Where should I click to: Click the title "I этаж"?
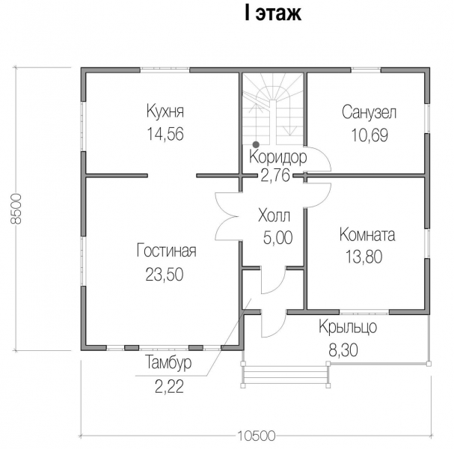pos(273,13)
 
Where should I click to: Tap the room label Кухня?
pos(165,111)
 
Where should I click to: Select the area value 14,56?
pos(165,134)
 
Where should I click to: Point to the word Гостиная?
pos(166,251)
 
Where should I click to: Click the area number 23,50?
pos(165,274)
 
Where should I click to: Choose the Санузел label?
pos(369,112)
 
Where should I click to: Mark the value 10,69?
pos(369,135)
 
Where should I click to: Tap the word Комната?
pos(367,234)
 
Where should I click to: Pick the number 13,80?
pos(364,257)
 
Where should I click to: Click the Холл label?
pos(274,216)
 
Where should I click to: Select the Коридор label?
pos(278,158)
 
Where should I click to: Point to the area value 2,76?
pos(275,175)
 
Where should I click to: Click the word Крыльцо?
pos(348,327)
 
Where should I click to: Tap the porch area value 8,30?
pos(343,350)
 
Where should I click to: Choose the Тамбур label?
pos(168,362)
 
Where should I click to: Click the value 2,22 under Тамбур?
pos(169,386)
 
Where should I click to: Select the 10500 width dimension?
pos(257,436)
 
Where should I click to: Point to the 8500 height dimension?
pos(16,209)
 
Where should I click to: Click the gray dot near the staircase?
pos(256,144)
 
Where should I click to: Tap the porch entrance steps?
pos(286,374)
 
